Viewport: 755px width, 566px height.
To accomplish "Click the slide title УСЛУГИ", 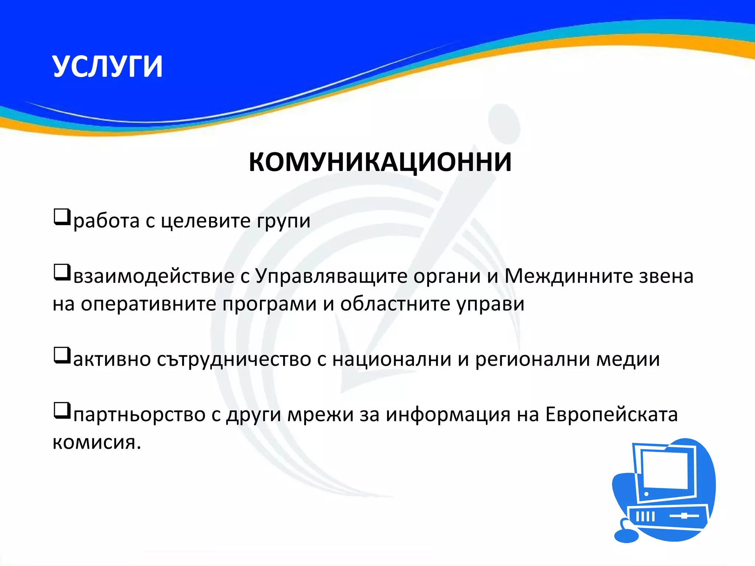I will [107, 67].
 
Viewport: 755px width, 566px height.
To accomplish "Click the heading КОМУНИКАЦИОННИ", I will [380, 162].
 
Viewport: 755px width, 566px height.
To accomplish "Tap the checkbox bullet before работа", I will [62, 217].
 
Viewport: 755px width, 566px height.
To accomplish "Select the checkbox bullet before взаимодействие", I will [62, 272].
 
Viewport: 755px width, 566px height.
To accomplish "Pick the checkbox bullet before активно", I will [62, 356].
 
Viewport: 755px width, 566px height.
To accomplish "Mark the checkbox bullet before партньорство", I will [62, 411].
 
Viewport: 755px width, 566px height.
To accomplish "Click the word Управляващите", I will [331, 276].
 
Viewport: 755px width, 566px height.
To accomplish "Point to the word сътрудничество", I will [234, 360].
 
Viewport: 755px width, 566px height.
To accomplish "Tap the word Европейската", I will [611, 415].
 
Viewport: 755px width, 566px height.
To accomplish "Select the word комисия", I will [97, 442].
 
